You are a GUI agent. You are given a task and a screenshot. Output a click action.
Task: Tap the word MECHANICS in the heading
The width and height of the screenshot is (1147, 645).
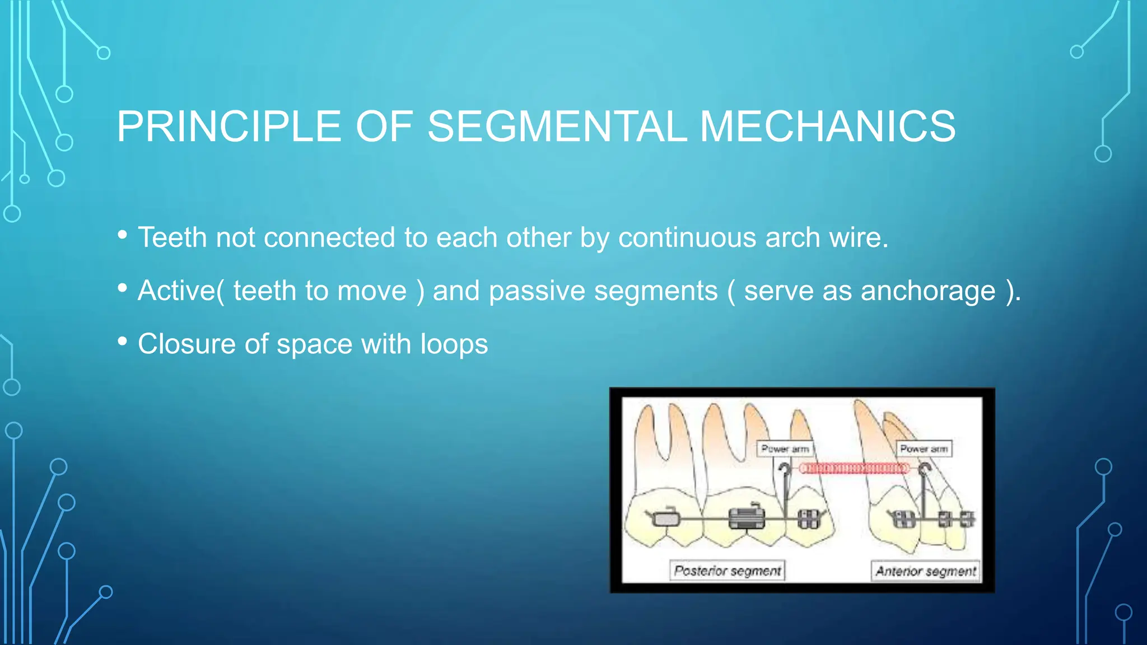pos(827,127)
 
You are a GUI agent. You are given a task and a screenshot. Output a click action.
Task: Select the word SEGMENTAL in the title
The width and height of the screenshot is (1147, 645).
pos(557,127)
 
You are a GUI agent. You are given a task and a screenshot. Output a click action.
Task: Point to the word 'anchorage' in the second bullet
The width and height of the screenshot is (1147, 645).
pos(928,291)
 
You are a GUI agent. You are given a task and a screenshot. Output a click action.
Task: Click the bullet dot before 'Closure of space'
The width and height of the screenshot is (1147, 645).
pos(123,341)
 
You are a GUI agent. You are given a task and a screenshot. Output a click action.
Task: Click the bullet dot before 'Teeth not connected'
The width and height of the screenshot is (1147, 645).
pos(123,235)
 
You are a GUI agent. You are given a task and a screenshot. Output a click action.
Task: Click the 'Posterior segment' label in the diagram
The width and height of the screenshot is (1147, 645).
pos(727,571)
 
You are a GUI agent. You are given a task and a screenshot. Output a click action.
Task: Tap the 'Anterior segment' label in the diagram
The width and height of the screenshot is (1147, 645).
pos(925,571)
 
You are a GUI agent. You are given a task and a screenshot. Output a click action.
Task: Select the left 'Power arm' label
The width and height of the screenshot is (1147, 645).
pos(785,449)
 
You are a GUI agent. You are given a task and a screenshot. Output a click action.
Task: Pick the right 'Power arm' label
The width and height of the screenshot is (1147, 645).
pos(924,449)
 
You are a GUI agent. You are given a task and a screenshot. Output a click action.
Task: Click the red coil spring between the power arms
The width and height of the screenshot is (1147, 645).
pos(854,468)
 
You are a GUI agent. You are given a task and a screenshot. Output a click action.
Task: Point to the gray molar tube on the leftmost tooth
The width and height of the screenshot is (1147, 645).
pos(665,518)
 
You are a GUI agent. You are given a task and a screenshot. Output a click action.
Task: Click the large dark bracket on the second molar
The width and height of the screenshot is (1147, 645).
pos(746,518)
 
